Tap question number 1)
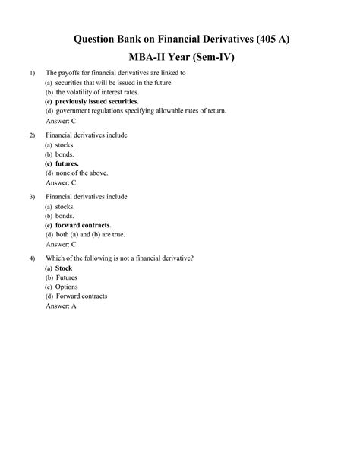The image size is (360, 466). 32,73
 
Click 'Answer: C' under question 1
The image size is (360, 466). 61,121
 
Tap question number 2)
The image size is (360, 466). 32,135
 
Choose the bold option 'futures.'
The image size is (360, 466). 67,163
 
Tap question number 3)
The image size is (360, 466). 32,198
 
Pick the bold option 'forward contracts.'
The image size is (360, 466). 83,226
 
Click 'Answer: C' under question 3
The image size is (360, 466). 61,245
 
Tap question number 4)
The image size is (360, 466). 32,259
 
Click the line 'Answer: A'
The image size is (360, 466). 61,306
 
